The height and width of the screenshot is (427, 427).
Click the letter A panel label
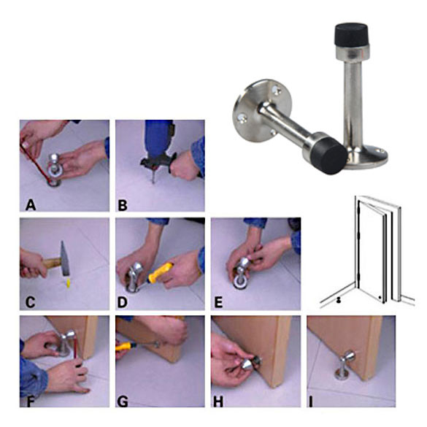(31, 205)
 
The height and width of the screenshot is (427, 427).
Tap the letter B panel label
(123, 205)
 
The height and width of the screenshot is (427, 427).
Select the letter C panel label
(30, 302)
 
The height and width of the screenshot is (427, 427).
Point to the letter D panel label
(123, 302)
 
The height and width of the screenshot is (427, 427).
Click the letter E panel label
(218, 302)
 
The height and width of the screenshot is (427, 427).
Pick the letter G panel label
(123, 401)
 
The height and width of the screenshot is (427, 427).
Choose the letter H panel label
(218, 401)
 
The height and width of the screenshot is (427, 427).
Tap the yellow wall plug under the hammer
(69, 282)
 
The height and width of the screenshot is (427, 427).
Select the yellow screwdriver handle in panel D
(160, 272)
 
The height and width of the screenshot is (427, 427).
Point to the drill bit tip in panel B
(153, 183)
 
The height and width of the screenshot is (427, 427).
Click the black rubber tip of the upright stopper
(351, 34)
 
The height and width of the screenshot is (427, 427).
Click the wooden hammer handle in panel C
(51, 263)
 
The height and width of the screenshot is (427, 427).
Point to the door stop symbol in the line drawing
(339, 300)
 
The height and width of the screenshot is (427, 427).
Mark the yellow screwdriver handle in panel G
(125, 347)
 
